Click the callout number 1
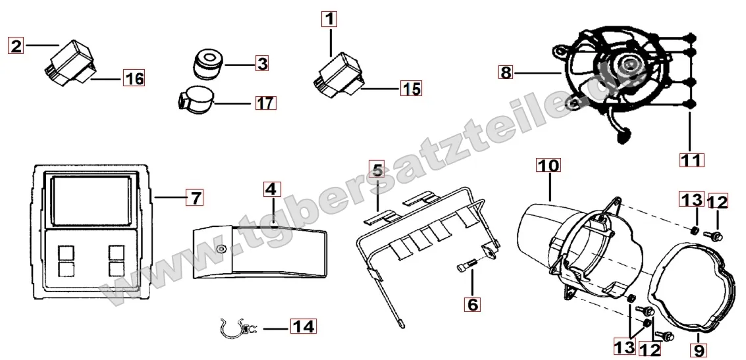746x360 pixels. [x=330, y=20]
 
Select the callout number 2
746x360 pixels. [x=16, y=46]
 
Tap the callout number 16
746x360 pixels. [x=134, y=78]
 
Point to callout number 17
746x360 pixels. [x=266, y=102]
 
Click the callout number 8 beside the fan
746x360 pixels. [x=506, y=73]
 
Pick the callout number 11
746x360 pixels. [x=691, y=160]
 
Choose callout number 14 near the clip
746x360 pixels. [x=303, y=326]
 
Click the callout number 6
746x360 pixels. [x=473, y=303]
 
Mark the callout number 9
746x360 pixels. [x=699, y=350]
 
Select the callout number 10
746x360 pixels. [x=548, y=165]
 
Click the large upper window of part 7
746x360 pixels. [x=91, y=199]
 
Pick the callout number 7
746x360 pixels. [x=195, y=196]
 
